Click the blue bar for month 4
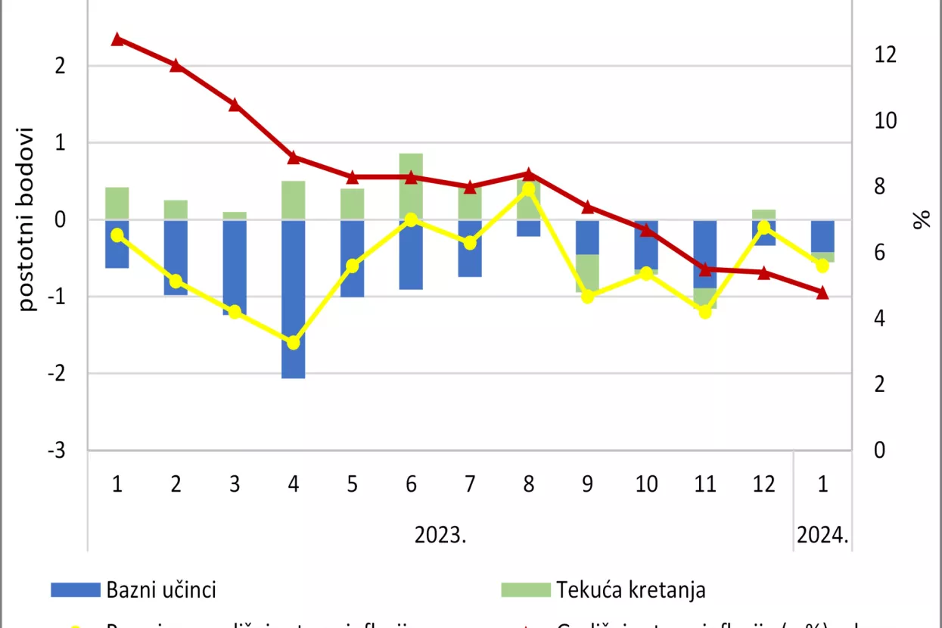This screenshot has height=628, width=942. coord(294,299)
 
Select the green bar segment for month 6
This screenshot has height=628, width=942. coord(411,186)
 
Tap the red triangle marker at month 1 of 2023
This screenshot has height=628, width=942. coord(117,39)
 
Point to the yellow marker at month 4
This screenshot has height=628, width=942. coord(294,343)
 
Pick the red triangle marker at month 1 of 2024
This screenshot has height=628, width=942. coord(822,293)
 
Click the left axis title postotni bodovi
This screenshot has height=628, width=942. coord(27,219)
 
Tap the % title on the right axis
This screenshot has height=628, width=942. coord(921,220)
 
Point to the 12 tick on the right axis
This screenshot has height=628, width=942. coord(885,55)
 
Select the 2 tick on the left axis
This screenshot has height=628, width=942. coord(59,66)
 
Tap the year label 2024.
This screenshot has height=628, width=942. coord(822,535)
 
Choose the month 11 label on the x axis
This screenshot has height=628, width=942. coord(704,484)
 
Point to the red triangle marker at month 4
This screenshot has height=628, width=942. coord(294,157)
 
